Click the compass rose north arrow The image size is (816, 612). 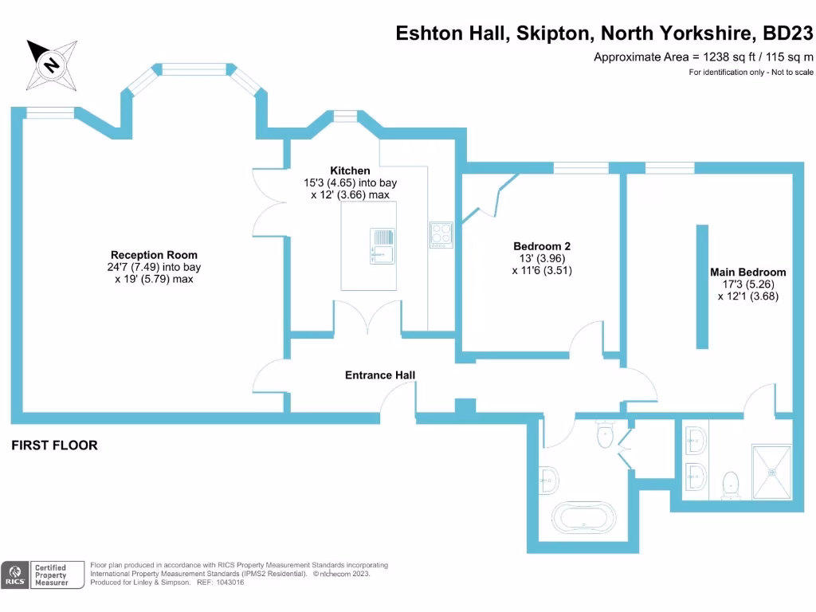point(50,64)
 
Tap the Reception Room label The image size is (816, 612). point(154,255)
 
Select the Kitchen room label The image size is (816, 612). point(350,171)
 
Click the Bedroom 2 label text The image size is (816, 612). point(542,246)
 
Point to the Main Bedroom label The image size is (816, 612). point(747,272)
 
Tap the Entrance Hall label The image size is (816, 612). point(379,375)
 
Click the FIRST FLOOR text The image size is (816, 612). point(54,445)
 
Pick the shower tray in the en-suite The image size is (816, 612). point(771,471)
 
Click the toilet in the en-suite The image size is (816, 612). point(729,484)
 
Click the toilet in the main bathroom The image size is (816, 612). point(605,434)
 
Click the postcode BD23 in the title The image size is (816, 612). point(788,33)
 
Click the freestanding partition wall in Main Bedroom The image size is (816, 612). point(702,286)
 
